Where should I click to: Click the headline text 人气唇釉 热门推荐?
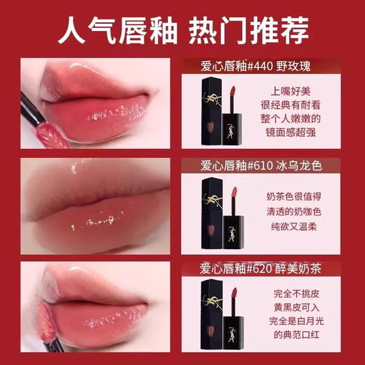click(182, 32)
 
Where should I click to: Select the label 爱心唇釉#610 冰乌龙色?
click(266, 166)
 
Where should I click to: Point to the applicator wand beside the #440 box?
click(231, 112)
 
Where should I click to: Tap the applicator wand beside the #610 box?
click(232, 211)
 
